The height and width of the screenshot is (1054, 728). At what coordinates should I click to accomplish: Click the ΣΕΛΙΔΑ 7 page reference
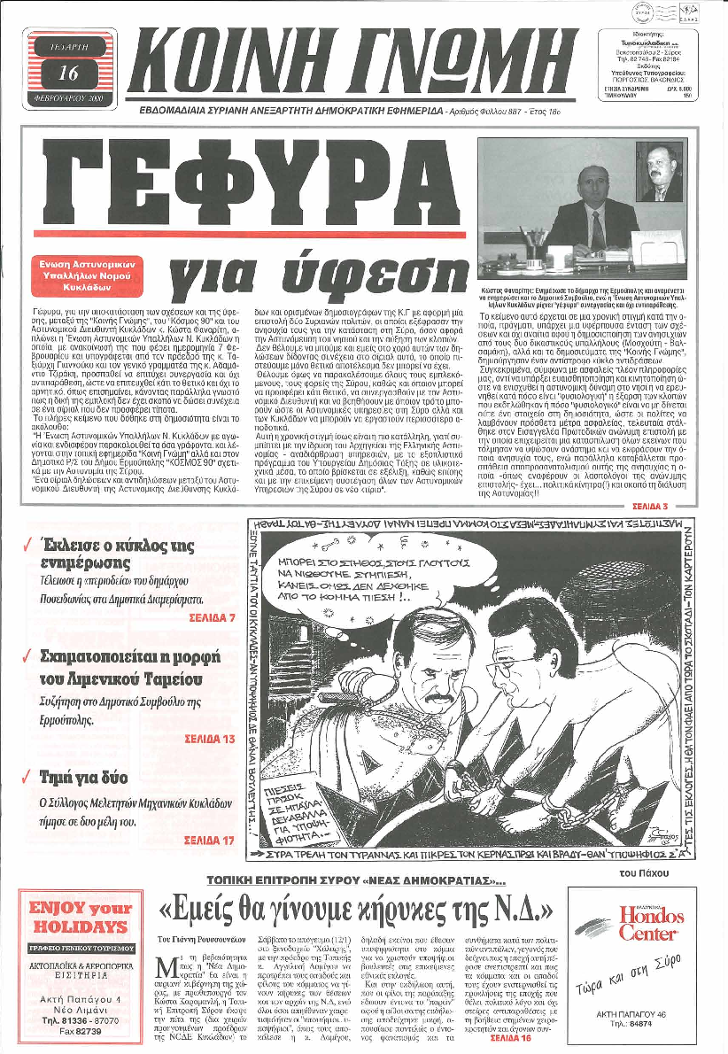[212, 617]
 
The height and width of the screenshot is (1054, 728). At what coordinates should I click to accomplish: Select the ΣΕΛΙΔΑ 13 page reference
[209, 738]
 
